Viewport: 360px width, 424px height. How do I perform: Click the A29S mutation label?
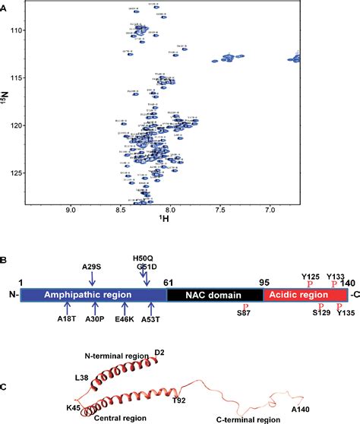coord(93,267)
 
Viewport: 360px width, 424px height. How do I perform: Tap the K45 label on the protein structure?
coord(53,387)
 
